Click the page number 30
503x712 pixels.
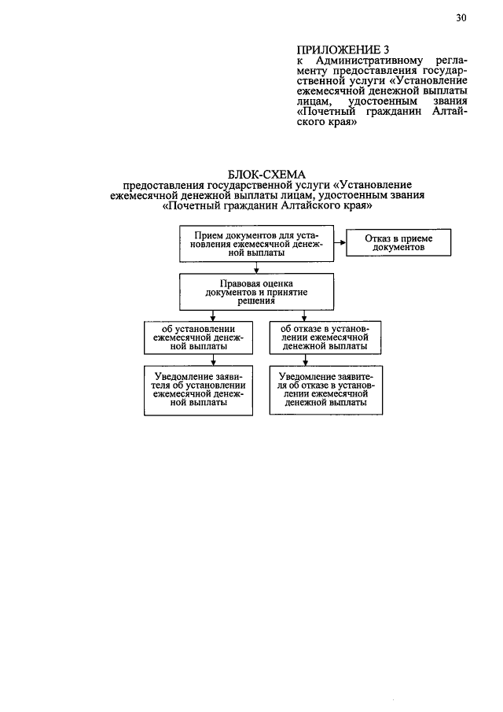(x=461, y=19)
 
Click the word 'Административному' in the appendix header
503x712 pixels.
(x=360, y=61)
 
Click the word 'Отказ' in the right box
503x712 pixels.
(x=378, y=238)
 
